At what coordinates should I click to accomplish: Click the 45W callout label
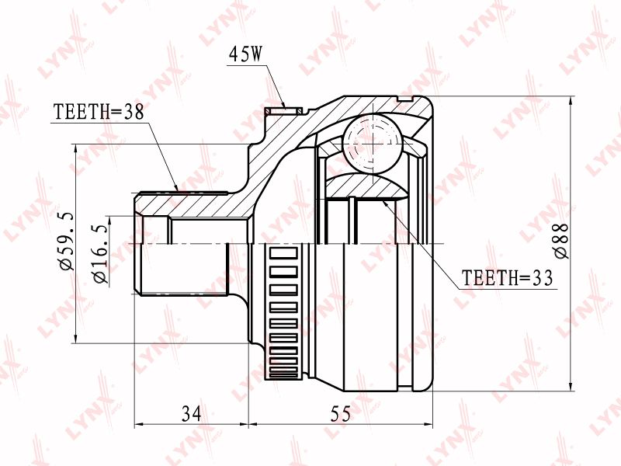point(245,54)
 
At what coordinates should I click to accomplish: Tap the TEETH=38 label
point(99,112)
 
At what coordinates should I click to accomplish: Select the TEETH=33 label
point(507,278)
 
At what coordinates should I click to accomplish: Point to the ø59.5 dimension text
point(67,240)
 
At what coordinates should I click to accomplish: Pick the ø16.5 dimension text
point(100,254)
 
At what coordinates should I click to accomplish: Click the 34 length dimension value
point(191,414)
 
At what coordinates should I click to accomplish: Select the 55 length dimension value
point(341,414)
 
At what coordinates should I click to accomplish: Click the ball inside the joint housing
point(373,144)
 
